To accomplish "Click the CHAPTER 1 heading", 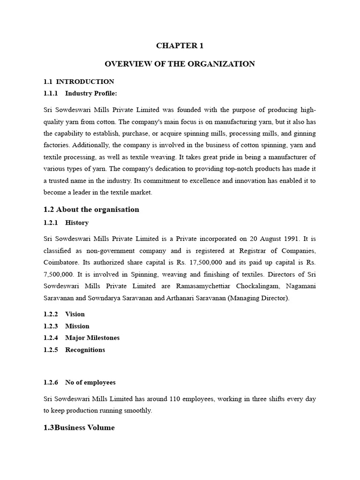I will click(180, 45).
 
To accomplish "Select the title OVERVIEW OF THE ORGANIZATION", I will click(180, 64).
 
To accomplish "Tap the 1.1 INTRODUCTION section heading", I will click(79, 82).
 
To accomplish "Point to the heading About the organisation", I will click(91, 209).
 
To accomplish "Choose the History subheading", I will click(76, 223).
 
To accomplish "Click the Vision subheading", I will click(75, 314).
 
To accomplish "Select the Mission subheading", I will click(77, 326).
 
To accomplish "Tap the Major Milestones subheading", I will click(92, 337).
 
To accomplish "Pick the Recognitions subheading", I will click(85, 350).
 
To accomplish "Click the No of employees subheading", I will click(90, 382).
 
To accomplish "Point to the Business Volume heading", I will click(79, 427).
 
